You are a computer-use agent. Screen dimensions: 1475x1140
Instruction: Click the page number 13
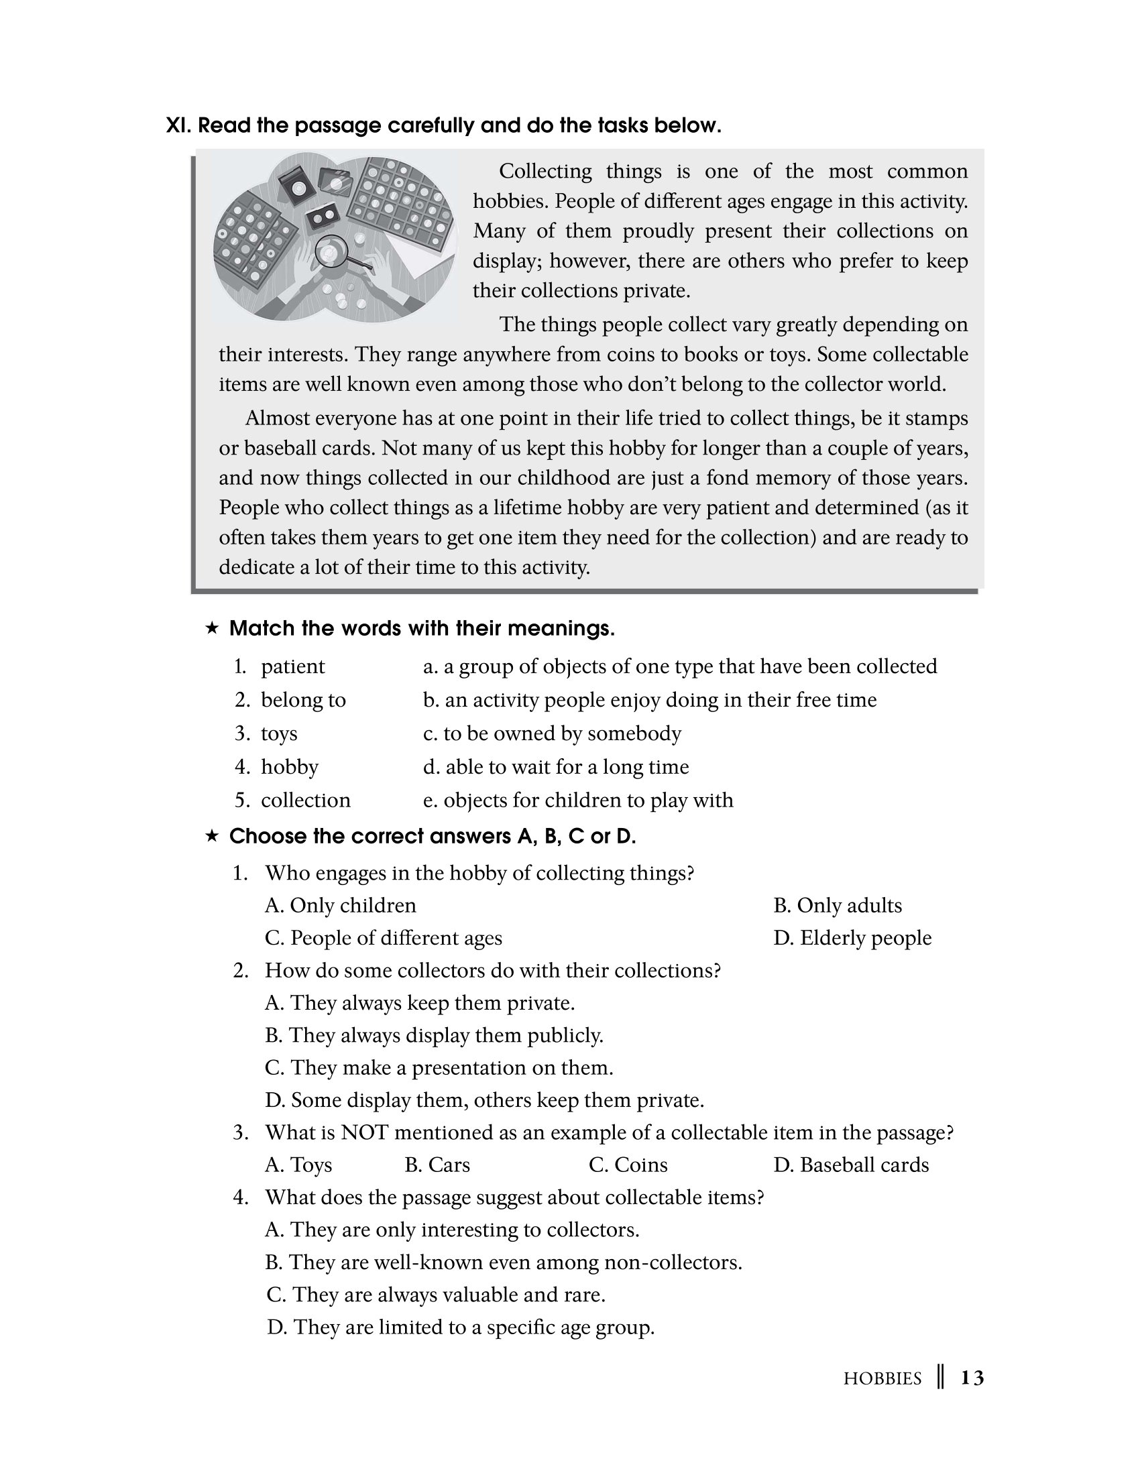click(x=972, y=1378)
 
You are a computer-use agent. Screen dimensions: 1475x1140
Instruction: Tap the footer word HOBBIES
click(x=882, y=1378)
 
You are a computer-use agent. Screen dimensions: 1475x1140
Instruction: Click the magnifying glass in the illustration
click(x=331, y=252)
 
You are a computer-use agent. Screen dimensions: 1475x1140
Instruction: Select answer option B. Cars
click(x=437, y=1165)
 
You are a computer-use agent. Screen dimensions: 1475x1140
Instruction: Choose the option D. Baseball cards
click(x=851, y=1165)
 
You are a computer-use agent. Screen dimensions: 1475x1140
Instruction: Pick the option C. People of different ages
click(x=384, y=937)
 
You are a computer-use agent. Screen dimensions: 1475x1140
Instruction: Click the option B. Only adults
click(x=838, y=905)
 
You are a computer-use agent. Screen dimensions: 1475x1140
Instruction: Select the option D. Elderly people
click(x=852, y=937)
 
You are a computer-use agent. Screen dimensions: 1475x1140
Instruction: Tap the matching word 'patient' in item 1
click(x=292, y=666)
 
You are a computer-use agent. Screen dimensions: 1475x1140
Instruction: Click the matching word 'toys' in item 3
click(x=279, y=733)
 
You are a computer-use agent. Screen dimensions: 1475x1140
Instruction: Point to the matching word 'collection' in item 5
click(x=305, y=801)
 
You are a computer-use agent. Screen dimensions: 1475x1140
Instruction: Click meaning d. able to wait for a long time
click(x=556, y=766)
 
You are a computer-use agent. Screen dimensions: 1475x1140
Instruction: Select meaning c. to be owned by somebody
click(x=552, y=733)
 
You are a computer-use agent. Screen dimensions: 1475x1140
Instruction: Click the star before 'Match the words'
click(x=211, y=628)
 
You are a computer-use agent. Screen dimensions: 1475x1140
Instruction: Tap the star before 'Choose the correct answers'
click(x=211, y=836)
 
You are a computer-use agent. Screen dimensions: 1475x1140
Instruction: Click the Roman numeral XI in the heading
click(x=178, y=125)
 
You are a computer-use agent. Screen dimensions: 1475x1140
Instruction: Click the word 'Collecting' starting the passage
click(x=545, y=172)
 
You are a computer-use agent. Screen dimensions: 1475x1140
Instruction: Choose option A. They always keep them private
click(x=419, y=1002)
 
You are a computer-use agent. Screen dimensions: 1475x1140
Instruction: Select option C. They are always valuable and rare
click(x=436, y=1294)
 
